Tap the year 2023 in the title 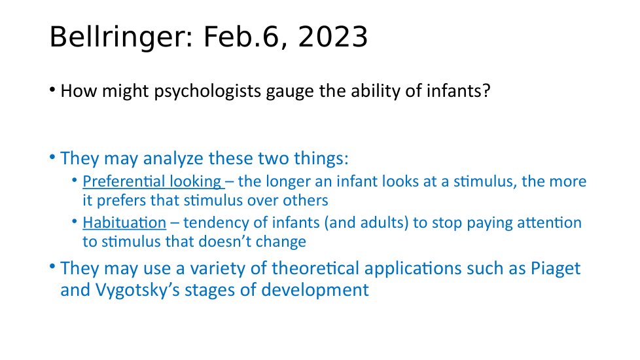[333, 37]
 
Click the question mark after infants [486, 90]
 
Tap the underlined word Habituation [124, 223]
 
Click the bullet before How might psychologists [52, 90]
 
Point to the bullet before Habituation [75, 221]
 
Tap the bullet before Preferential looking [75, 180]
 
